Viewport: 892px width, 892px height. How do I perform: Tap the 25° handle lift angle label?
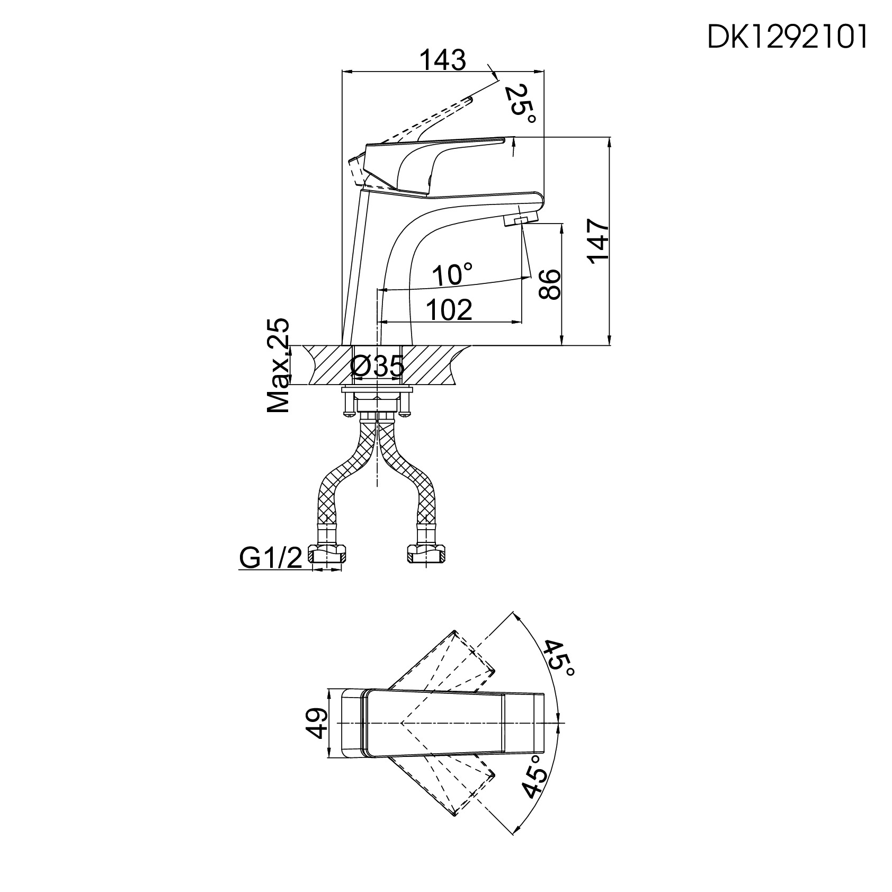click(x=520, y=104)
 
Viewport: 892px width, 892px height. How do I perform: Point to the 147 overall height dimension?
click(x=598, y=241)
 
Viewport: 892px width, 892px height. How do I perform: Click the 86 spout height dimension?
click(x=549, y=284)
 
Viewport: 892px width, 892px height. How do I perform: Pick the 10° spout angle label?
click(x=452, y=275)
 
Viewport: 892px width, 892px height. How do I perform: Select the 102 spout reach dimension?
click(x=449, y=310)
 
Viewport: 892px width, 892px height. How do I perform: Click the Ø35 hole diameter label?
click(x=378, y=367)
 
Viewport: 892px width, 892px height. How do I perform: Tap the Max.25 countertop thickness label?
click(x=279, y=365)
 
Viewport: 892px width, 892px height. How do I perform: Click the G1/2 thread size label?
click(x=271, y=557)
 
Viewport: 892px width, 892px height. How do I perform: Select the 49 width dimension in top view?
click(x=316, y=723)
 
